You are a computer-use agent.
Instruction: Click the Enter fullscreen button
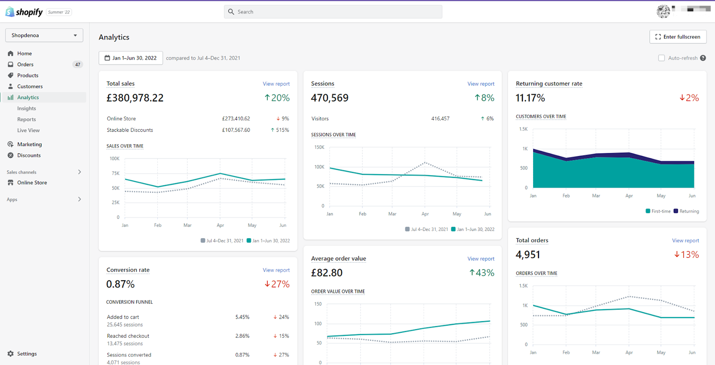click(x=678, y=37)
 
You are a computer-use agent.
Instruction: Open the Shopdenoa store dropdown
click(x=44, y=35)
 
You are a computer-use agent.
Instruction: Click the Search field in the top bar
click(x=333, y=12)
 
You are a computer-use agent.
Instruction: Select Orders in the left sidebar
click(x=25, y=64)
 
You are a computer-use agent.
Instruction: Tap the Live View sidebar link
click(x=29, y=130)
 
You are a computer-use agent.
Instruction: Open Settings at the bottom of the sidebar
click(x=27, y=353)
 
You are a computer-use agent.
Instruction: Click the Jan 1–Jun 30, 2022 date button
click(x=131, y=58)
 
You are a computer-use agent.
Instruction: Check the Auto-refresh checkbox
click(x=661, y=58)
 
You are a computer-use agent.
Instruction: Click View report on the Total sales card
click(x=276, y=84)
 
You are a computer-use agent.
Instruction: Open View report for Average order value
click(x=481, y=258)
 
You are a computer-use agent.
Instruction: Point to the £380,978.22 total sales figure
click(x=135, y=98)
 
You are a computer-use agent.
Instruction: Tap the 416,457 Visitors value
click(x=440, y=118)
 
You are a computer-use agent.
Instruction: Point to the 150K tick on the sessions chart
click(x=319, y=147)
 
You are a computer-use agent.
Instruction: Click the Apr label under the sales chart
click(x=220, y=225)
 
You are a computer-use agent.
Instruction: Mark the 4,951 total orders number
click(x=528, y=254)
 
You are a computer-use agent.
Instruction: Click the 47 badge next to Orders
click(x=78, y=64)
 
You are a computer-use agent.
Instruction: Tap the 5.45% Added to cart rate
click(x=242, y=317)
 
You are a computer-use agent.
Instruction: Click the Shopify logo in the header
click(x=24, y=12)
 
